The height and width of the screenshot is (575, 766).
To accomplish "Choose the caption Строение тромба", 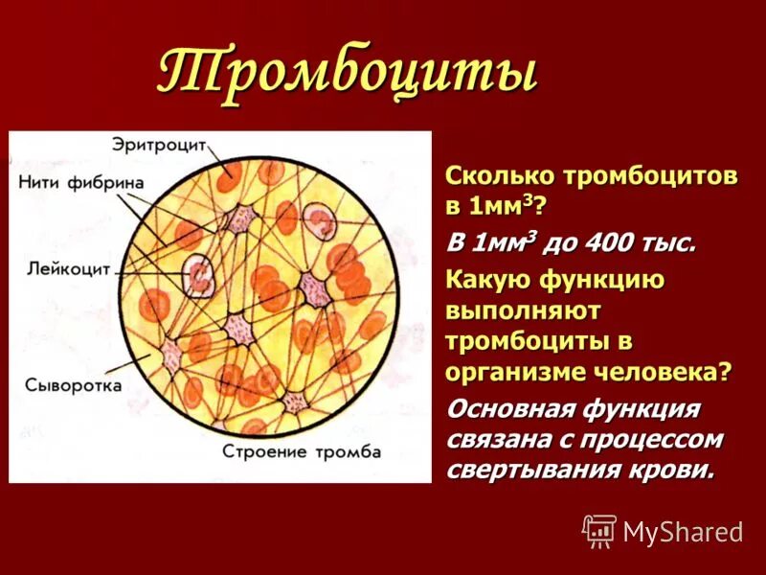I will pyautogui.click(x=302, y=450).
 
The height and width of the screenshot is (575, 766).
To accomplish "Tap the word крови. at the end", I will pyautogui.click(x=680, y=471).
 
